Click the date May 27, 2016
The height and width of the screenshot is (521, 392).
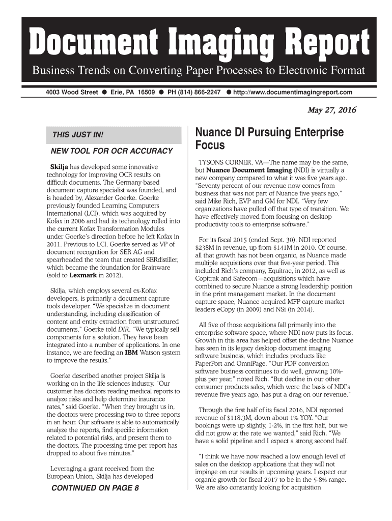tap(331, 110)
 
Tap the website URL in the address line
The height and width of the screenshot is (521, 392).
tap(292, 93)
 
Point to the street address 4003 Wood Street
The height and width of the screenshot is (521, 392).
tap(69, 93)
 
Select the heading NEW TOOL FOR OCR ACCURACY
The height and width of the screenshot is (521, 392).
tap(109, 152)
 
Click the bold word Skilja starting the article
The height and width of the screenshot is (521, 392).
tap(59, 167)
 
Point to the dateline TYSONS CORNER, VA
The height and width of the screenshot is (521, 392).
tap(230, 161)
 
